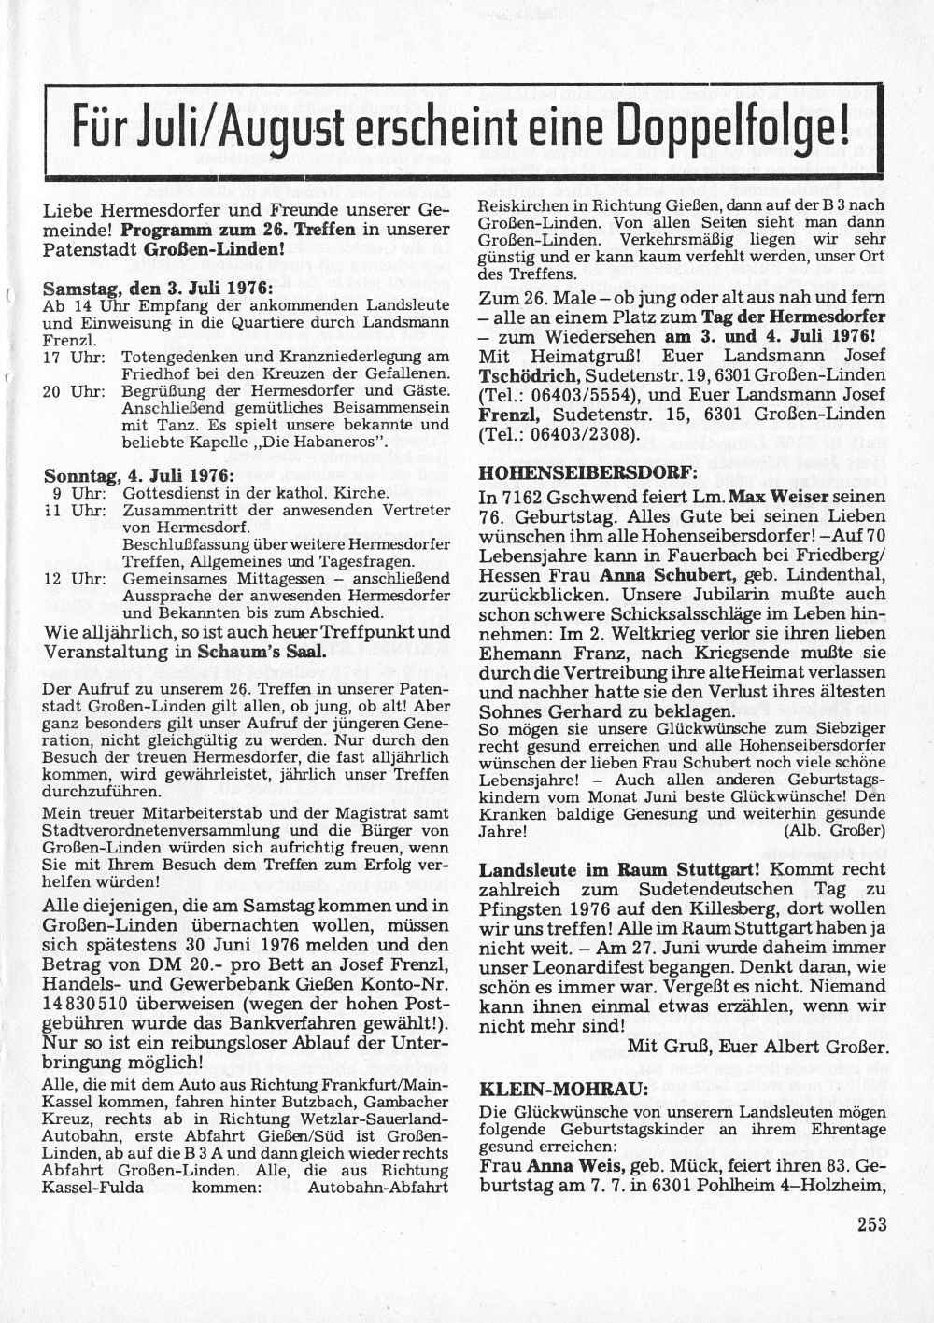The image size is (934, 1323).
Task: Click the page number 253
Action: click(871, 1225)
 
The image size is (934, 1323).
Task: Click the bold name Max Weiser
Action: click(779, 496)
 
